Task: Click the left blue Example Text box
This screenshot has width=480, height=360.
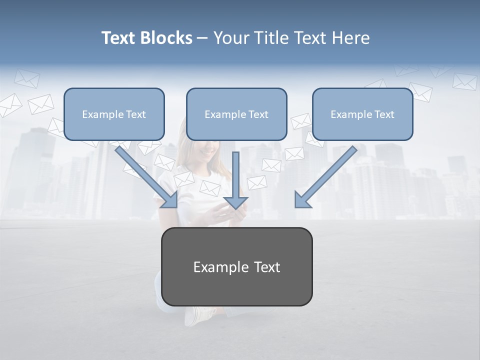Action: [x=114, y=114]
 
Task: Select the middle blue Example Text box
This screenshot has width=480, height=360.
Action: [x=236, y=114]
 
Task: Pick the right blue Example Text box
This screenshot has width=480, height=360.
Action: [x=362, y=114]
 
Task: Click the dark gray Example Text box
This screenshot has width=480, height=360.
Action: [x=236, y=266]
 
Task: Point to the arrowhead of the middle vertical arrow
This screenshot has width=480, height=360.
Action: [x=235, y=202]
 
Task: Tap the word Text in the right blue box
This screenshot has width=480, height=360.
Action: [x=384, y=114]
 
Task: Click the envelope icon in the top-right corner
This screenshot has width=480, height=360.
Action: [x=464, y=81]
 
